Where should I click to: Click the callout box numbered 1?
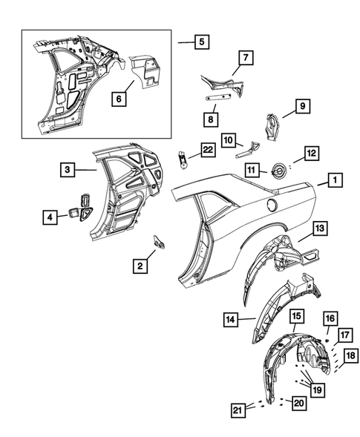tap(336, 180)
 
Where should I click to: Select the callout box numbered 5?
tap(201, 42)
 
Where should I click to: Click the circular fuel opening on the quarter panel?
tap(271, 203)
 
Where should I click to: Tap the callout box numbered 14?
tap(232, 321)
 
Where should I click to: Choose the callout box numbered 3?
tap(67, 170)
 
